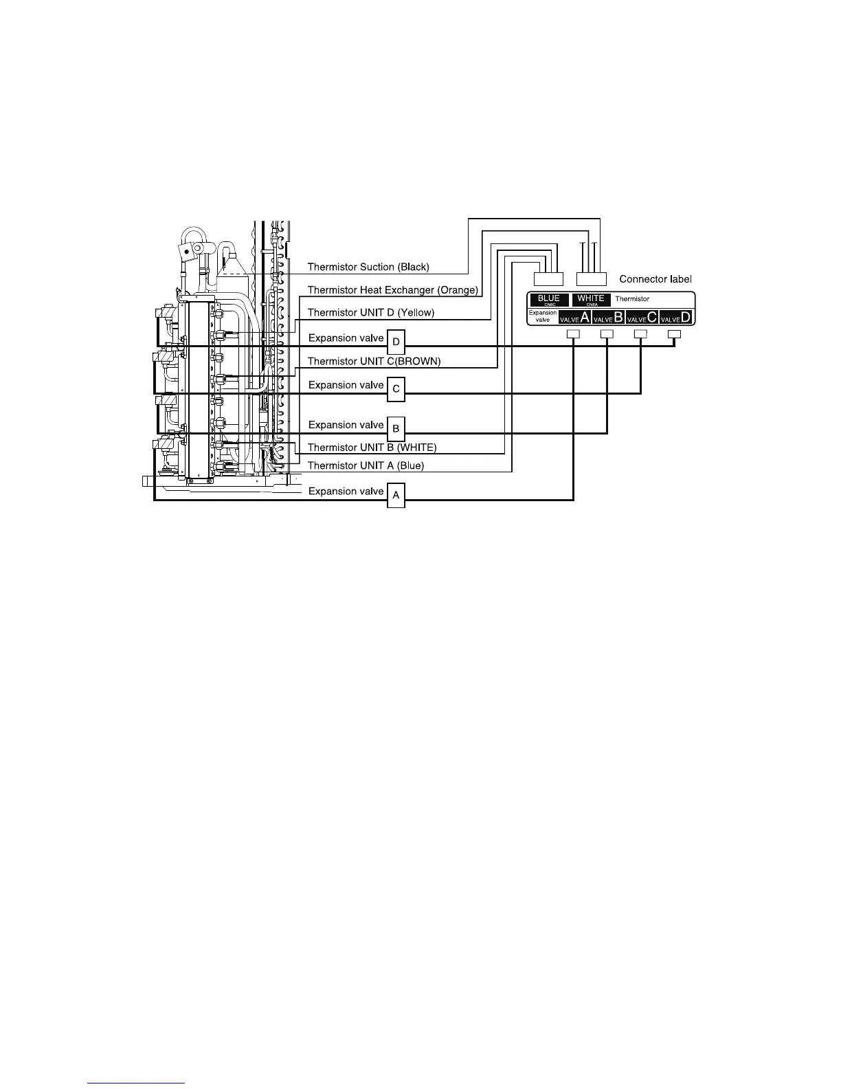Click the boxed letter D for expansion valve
click(396, 341)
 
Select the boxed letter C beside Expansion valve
click(396, 388)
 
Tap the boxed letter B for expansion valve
click(396, 429)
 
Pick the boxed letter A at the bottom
click(396, 495)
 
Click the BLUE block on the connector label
click(549, 300)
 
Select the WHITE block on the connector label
click(591, 300)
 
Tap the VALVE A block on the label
click(574, 318)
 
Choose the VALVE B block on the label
click(608, 318)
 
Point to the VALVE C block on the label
click(642, 318)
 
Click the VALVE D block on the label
click(675, 318)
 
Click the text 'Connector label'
click(655, 279)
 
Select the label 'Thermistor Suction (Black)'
click(368, 267)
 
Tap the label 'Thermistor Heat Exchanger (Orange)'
click(392, 290)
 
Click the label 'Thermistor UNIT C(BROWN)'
click(374, 361)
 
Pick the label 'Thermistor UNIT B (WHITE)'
click(372, 448)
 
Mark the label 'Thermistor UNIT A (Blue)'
click(366, 465)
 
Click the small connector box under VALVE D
click(675, 334)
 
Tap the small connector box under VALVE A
click(573, 334)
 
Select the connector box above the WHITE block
click(591, 278)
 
